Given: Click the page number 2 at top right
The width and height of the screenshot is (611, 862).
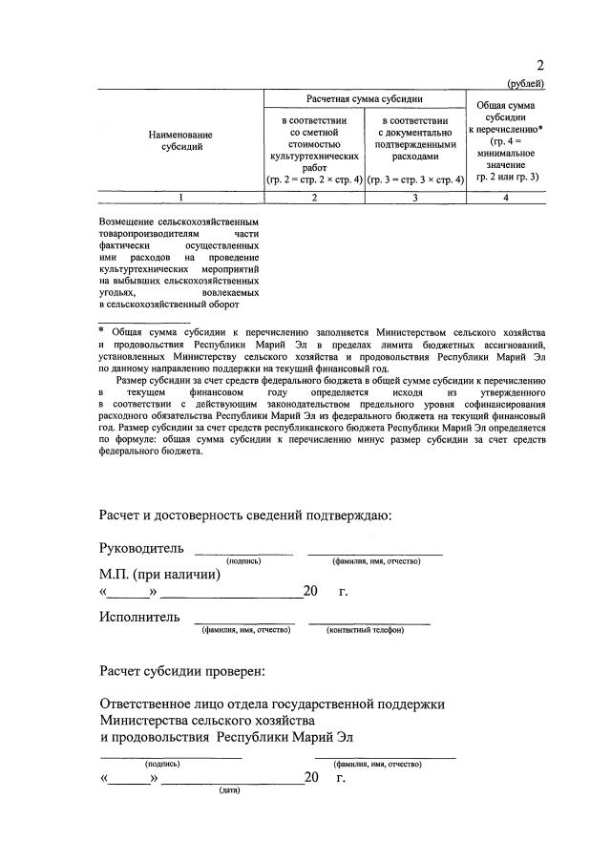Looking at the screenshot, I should click(540, 66).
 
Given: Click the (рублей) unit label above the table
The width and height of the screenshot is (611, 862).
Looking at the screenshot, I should click(526, 84).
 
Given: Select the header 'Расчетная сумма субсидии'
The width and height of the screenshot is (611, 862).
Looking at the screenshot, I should click(365, 99).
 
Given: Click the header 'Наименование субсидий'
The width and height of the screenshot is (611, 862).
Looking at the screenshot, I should click(181, 140).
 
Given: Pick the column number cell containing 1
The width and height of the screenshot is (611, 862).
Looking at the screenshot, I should click(181, 197).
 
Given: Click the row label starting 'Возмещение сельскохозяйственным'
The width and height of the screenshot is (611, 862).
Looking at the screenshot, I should click(179, 263).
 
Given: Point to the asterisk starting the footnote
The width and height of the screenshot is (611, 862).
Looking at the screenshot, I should click(101, 330).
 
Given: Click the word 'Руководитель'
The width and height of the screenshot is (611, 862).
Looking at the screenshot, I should click(141, 549).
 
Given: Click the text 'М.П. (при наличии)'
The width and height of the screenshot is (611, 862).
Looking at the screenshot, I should click(160, 575).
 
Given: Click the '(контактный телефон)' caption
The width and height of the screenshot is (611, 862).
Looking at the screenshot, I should click(365, 630).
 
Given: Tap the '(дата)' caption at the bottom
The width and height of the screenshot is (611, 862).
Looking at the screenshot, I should click(229, 790).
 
